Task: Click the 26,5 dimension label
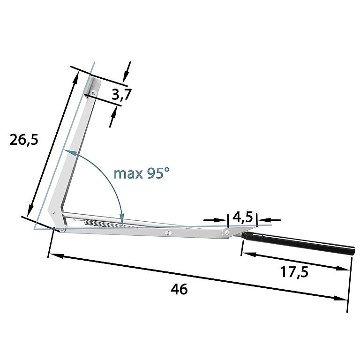point(24,140)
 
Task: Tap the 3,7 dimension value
point(122,94)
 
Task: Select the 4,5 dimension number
point(243,217)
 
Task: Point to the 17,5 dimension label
point(294,272)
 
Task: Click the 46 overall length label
point(180,289)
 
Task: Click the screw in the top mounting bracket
point(93,92)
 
